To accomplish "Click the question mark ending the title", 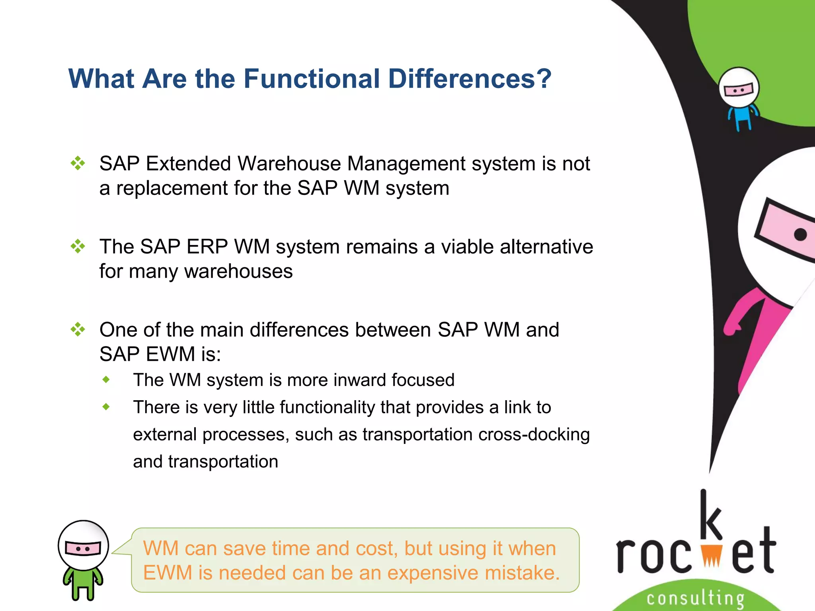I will (543, 79).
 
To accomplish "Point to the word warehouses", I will (238, 271).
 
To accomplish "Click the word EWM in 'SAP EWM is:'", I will (170, 354).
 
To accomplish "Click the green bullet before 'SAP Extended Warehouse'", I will (78, 163).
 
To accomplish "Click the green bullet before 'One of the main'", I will (78, 329).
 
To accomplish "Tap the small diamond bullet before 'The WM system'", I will (106, 379).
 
